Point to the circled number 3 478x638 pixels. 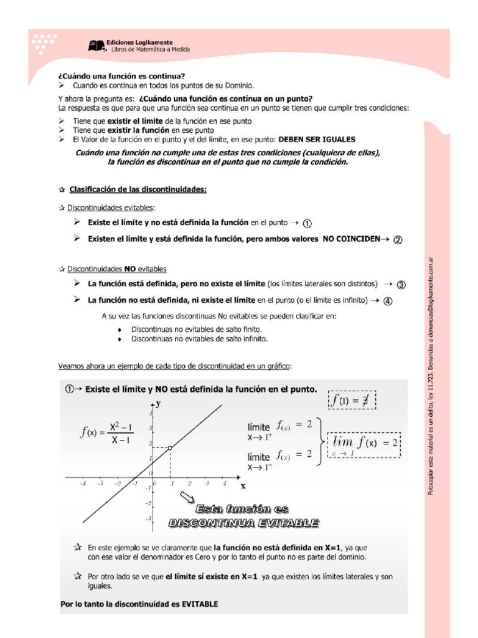[401, 285]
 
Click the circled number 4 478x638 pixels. [388, 301]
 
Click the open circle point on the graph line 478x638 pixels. [170, 447]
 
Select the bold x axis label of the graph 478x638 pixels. [243, 485]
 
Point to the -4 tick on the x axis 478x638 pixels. [82, 483]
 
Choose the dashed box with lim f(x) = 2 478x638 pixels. [365, 444]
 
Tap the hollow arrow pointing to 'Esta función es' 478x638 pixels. [186, 497]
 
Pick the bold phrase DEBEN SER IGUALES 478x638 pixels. [317, 140]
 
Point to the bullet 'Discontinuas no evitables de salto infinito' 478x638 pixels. [199, 340]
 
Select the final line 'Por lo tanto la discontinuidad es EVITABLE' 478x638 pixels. [139, 604]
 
